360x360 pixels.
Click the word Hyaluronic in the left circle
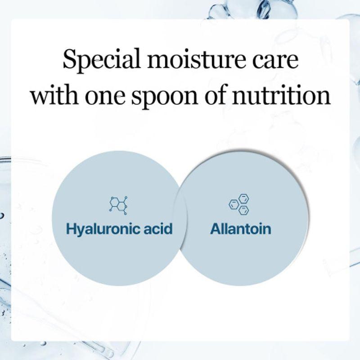[102, 229]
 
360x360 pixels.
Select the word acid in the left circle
[157, 229]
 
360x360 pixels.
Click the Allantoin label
[241, 229]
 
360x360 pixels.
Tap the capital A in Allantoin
[215, 229]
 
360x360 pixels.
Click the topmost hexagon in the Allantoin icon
[243, 198]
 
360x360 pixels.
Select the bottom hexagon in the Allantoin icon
[243, 210]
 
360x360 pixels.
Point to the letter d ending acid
[168, 229]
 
